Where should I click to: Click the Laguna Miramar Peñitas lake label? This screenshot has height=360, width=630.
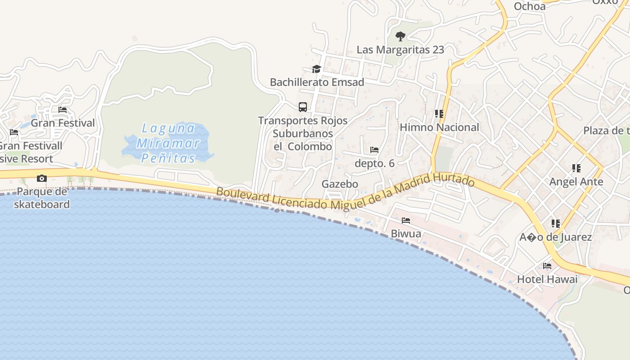point(168,143)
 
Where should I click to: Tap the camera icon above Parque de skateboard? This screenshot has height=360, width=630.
point(42,179)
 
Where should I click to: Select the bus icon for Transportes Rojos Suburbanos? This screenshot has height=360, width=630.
point(303,107)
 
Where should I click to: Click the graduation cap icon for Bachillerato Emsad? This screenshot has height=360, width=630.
point(317,69)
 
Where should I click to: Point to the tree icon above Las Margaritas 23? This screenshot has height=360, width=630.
point(400,36)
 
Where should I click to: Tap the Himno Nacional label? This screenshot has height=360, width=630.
point(440,127)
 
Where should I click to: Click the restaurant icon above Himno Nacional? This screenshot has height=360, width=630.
point(439,114)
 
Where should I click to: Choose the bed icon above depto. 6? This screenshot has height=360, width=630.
point(374,150)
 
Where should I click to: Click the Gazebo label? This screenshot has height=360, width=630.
point(340,184)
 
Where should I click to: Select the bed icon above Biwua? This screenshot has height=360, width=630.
point(406,220)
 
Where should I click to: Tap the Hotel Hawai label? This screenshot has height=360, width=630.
point(547,279)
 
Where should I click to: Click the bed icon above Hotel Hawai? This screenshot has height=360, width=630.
point(547,266)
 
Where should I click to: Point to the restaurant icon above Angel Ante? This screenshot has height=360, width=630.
point(576,168)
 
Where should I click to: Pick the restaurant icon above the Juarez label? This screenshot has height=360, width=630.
point(556,224)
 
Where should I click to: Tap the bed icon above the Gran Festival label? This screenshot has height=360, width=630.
point(63,110)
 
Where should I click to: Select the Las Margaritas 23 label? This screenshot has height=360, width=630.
point(400,49)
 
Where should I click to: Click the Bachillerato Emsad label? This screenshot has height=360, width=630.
point(317,82)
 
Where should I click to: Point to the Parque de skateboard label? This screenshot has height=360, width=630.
point(42,198)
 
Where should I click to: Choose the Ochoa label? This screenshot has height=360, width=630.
point(530,6)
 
